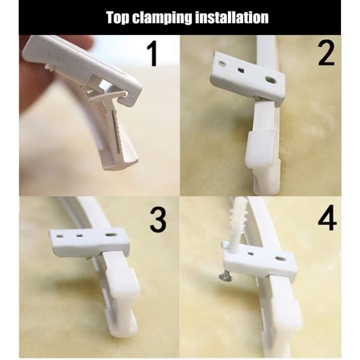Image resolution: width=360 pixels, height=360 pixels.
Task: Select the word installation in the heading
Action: pos(232,17)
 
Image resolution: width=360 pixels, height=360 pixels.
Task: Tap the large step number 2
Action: pos(326,53)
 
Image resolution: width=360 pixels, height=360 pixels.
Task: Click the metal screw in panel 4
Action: pos(225,277)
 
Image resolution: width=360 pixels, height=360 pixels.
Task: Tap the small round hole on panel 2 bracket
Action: pos(222,63)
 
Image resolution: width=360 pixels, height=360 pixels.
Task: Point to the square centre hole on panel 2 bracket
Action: pos(241,70)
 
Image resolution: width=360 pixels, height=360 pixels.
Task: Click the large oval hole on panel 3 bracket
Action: pos(111,235)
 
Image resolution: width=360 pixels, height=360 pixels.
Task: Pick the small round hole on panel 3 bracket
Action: pos(60,236)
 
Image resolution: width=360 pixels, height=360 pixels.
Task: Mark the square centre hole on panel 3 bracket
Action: pos(79,236)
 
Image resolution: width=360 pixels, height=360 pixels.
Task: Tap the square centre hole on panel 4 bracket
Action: pos(251,254)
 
